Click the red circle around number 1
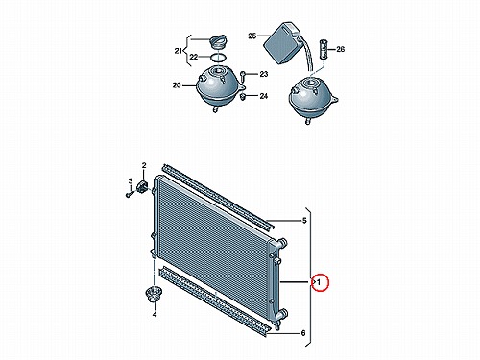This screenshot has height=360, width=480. (x=321, y=282)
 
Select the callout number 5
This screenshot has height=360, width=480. (x=304, y=220)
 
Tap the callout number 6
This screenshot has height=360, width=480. (x=303, y=333)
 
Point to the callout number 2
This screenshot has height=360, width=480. (x=144, y=165)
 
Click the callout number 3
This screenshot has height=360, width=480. (x=131, y=181)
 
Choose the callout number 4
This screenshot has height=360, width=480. (x=155, y=315)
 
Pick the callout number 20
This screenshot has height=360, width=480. (x=177, y=85)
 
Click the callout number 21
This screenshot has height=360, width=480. (x=179, y=51)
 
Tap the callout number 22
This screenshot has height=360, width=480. (x=194, y=58)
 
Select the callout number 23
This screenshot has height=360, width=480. (x=263, y=74)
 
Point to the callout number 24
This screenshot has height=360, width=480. (x=263, y=96)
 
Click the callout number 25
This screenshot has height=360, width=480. (x=252, y=36)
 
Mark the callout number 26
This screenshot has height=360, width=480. (x=340, y=49)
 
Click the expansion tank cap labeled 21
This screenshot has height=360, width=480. (x=218, y=42)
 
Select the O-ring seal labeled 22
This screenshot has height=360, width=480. (x=218, y=58)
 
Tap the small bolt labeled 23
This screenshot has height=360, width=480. (x=242, y=75)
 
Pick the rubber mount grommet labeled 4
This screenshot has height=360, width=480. (x=154, y=294)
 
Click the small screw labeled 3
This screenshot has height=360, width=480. (x=129, y=194)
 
